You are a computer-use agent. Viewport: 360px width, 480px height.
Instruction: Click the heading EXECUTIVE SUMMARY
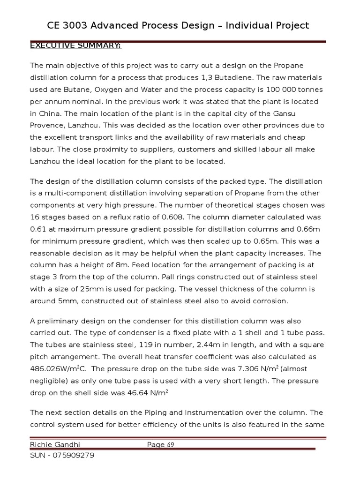pos(75,45)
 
